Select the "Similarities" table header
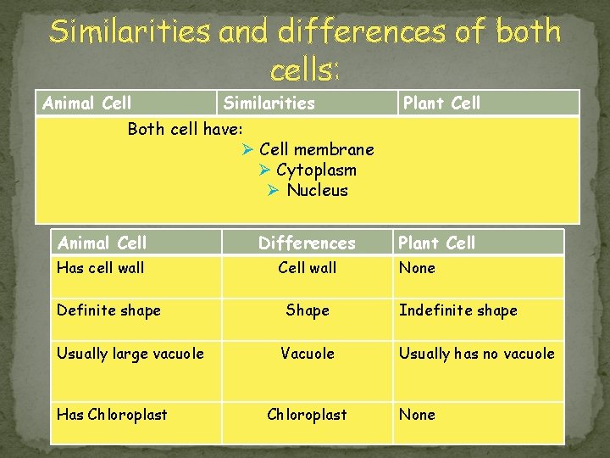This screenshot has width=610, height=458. coord(269,103)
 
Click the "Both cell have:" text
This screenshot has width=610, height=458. coord(185,129)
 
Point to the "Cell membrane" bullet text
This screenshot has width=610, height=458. coord(316,149)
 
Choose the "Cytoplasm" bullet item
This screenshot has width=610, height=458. coord(316,170)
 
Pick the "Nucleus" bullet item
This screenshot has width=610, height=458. coord(317,190)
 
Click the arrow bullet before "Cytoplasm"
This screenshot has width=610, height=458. coord(264,170)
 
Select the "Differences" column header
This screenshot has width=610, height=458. coord(307,243)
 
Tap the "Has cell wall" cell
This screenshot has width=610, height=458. coord(100,268)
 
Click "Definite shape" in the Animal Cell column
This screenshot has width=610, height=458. coord(108,310)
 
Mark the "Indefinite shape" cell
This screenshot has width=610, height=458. coord(457,310)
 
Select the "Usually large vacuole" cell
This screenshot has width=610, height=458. coord(130,354)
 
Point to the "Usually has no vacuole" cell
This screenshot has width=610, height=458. coord(476,354)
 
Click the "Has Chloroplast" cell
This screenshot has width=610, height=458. coord(112,415)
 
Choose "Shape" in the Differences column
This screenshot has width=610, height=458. coord(307,310)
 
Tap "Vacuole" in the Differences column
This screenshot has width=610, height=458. coord(307,354)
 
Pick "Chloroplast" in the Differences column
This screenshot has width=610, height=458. coord(307,415)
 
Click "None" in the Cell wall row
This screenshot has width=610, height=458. coord(417,268)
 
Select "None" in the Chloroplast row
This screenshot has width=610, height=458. coord(417,415)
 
